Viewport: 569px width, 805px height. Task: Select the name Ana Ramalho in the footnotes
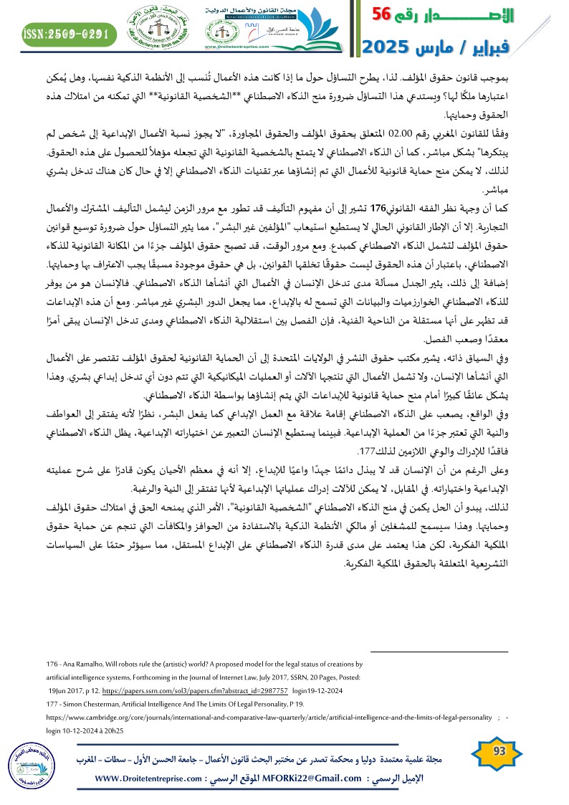click(82, 665)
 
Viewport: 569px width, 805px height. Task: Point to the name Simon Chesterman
click(86, 703)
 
